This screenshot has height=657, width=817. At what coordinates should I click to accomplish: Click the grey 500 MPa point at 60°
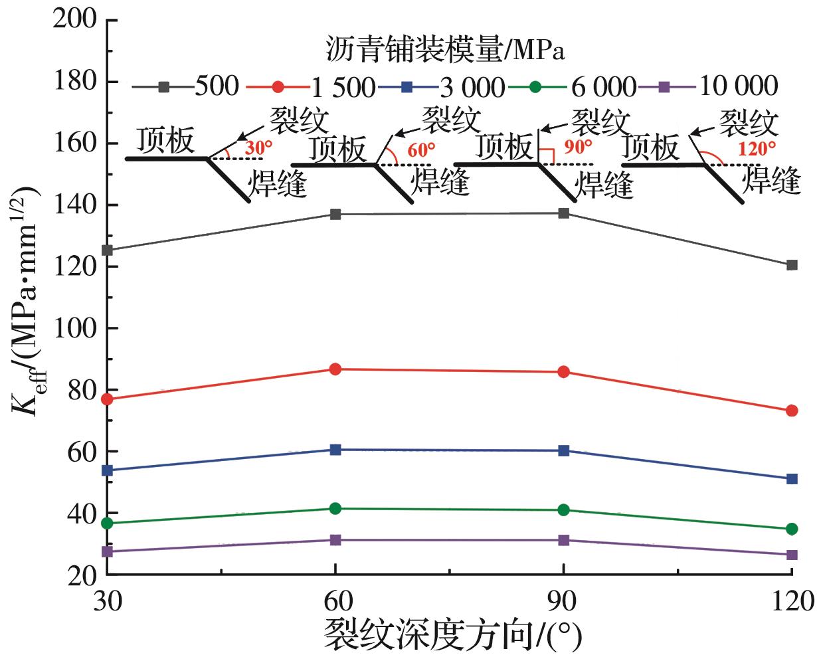[335, 214]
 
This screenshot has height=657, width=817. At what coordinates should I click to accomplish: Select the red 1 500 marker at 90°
[564, 372]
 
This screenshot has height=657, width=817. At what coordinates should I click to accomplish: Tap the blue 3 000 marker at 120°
[792, 479]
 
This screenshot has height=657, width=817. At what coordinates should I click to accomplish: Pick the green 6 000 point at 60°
[335, 508]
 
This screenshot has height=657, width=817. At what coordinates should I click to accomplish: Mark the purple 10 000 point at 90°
[564, 540]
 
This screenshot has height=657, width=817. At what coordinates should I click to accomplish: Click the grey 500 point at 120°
[792, 265]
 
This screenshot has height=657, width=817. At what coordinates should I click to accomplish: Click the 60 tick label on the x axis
[335, 601]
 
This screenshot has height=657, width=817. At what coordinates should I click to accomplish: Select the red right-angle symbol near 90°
[546, 155]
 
